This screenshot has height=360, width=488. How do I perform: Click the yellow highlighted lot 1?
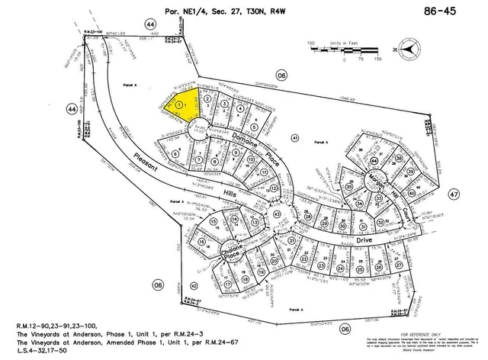(182, 104)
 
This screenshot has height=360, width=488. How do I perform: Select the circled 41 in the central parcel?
(294, 137)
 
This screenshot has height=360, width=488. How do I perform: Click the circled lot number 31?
(364, 227)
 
